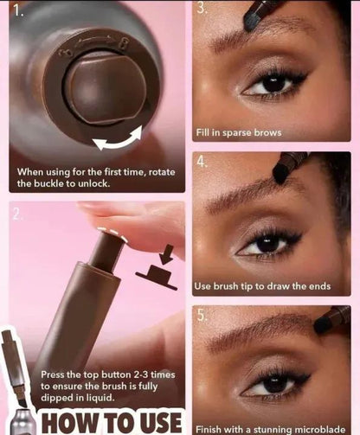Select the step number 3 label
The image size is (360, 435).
[x=201, y=10]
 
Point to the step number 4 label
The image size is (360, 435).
[x=202, y=161]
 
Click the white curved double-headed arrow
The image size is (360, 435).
[x=118, y=138]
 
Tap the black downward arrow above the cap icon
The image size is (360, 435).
[x=166, y=254]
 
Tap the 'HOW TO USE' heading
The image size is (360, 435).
[x=112, y=422]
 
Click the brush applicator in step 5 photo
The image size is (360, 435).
[x=331, y=319]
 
